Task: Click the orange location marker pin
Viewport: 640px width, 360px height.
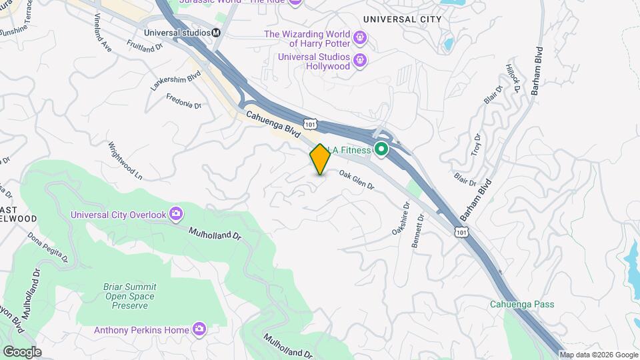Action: click(x=320, y=159)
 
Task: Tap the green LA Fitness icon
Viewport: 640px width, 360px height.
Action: click(x=381, y=150)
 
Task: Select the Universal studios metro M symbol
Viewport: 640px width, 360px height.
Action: click(x=215, y=32)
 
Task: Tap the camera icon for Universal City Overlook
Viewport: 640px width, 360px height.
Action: click(x=176, y=213)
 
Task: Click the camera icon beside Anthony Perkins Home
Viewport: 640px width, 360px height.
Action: click(x=199, y=329)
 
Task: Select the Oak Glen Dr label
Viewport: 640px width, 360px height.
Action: click(x=357, y=180)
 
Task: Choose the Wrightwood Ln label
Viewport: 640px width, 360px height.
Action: click(x=125, y=161)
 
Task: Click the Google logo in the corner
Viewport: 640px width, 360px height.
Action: click(x=22, y=352)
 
